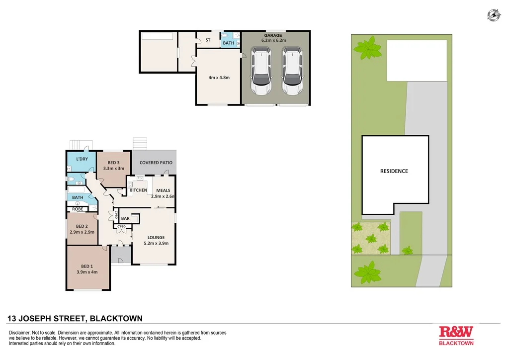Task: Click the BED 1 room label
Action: [x=87, y=266]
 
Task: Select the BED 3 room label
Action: [x=113, y=163]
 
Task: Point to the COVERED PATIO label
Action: [x=156, y=163]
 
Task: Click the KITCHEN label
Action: [x=138, y=190]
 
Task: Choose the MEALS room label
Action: [x=163, y=190]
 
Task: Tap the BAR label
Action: [x=125, y=218]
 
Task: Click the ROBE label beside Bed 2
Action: [x=78, y=209]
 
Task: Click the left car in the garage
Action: [x=260, y=71]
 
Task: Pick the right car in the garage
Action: [x=292, y=71]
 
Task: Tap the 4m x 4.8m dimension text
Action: [x=219, y=78]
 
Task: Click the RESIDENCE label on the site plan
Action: [x=394, y=171]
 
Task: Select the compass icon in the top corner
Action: [x=494, y=15]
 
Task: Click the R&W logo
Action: [x=456, y=332]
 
